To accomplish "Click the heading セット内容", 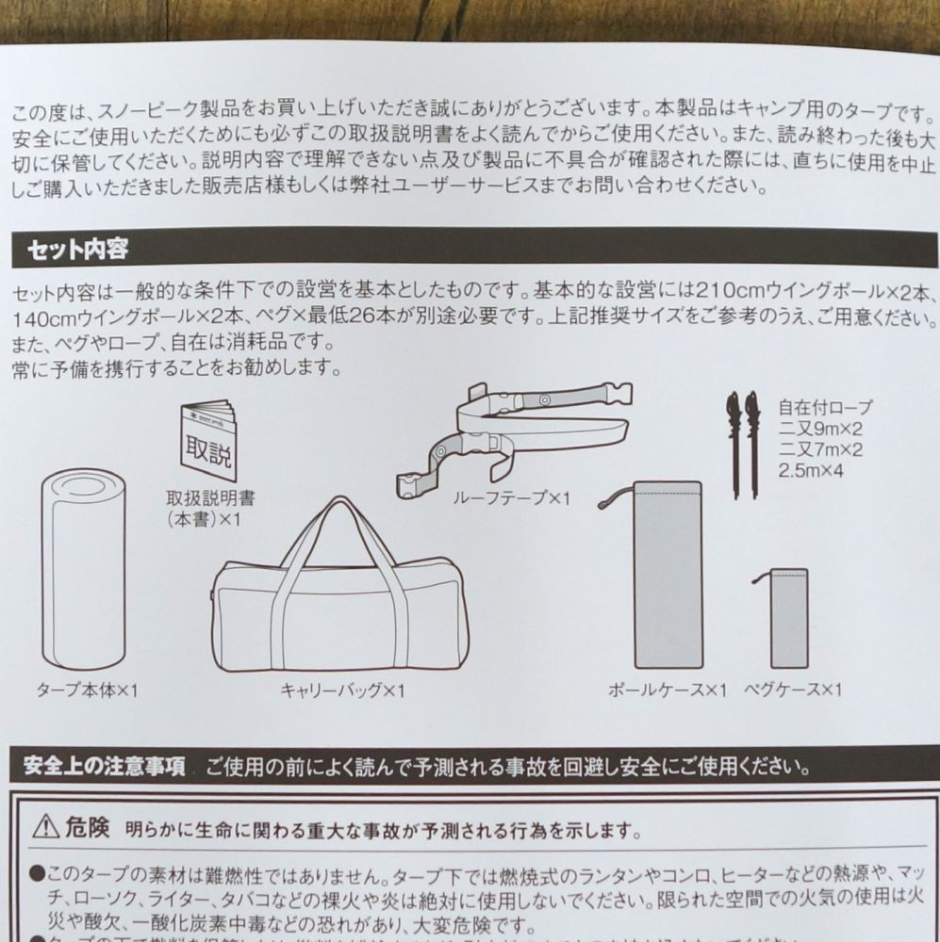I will (x=78, y=251).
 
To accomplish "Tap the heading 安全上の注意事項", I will (x=106, y=763).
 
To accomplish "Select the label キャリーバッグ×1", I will (x=342, y=691).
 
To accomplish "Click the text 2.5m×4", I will (x=814, y=468).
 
